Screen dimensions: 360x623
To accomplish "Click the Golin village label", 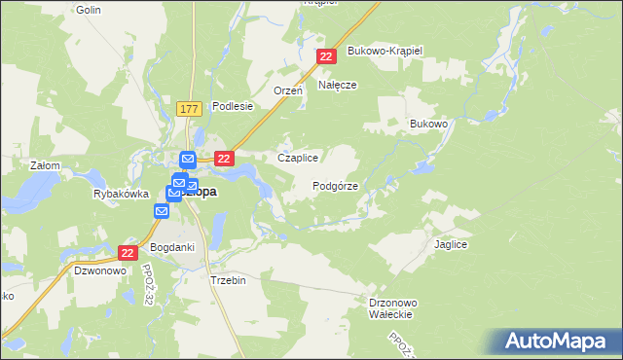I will coord(89,9).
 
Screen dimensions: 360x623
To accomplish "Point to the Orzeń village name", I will coord(288,90).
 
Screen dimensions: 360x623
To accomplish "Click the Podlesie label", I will coord(233,107).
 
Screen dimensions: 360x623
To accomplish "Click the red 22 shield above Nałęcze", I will coord(327,58).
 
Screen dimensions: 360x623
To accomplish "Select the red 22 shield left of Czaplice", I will coord(225,159).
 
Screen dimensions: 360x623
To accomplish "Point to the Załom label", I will coord(45,165).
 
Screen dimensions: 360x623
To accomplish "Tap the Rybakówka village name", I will coord(119,194).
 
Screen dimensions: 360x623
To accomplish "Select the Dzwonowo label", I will coord(98,271).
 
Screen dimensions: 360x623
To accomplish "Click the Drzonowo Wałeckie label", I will coord(394,308).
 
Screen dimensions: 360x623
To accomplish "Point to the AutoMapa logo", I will coord(560,341).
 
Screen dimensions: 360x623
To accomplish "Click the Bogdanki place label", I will coord(172,247).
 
